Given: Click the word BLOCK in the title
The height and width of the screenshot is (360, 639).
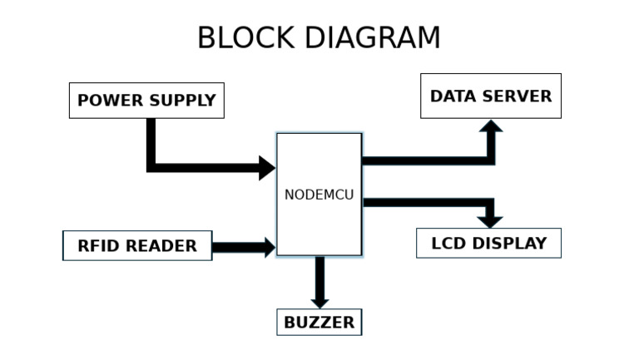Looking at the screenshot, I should (x=245, y=38).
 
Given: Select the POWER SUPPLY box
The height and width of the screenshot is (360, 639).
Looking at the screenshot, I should (x=146, y=101).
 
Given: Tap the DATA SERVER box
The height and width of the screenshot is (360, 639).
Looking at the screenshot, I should (x=490, y=96).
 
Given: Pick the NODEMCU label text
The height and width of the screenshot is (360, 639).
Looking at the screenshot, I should (x=319, y=195).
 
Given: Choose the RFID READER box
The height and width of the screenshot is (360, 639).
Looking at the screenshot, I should (x=137, y=246).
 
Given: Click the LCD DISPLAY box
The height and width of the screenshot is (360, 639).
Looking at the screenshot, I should (x=488, y=244).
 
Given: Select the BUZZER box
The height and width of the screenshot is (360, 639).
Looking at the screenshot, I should (x=319, y=322).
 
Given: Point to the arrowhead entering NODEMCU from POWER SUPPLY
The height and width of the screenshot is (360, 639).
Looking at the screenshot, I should (x=267, y=168).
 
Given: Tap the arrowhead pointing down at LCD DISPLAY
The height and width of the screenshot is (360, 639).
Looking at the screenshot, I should (x=491, y=220).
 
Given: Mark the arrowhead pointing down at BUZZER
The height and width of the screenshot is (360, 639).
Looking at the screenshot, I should (x=319, y=301).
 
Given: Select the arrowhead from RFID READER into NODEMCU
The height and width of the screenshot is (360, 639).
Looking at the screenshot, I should (x=269, y=246).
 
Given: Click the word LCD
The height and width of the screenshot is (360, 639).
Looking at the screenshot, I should (x=448, y=244).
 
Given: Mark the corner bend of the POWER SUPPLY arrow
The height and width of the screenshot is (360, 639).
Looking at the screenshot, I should (x=151, y=167).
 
